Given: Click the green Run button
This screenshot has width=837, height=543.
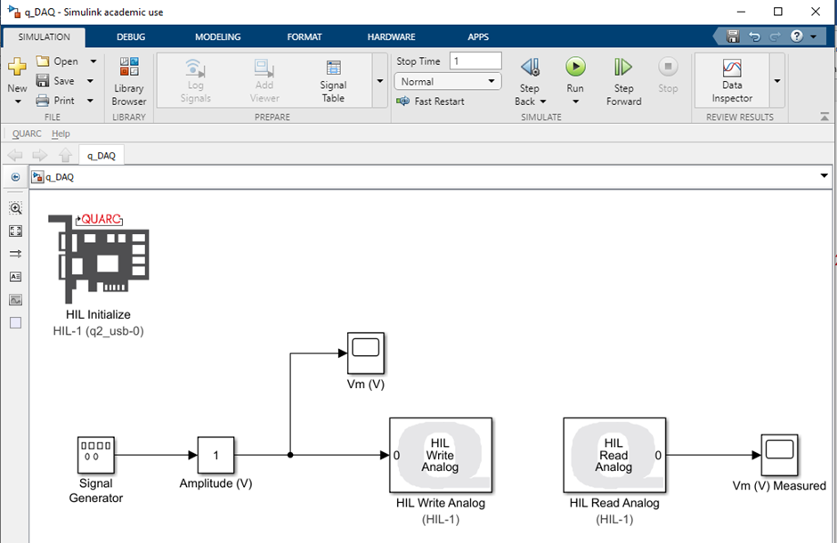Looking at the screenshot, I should coord(575,67).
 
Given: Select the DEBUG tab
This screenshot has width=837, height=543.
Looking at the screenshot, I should coord(131,37).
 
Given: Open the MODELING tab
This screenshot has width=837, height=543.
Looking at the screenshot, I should coord(218,37).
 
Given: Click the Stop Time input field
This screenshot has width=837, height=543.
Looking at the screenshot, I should coord(475,61).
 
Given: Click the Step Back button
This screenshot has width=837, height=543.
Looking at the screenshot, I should coord(529,68).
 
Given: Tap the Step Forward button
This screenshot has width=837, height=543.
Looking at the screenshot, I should coord(623,68).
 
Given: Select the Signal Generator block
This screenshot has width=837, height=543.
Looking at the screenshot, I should coord(95,455).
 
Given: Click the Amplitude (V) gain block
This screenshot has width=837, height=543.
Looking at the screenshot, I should coord(215,455).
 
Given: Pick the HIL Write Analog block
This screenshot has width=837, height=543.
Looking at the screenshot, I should coord(440,455).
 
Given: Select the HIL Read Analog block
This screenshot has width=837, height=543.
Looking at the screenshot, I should coord(614,455).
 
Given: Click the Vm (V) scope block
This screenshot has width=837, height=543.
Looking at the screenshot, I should coord(365,353).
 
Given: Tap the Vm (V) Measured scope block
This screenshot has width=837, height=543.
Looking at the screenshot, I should coord(778,455).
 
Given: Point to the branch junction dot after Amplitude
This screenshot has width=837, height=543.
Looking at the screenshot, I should coord(290,455).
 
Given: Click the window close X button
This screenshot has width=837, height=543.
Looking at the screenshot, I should coord(815,12).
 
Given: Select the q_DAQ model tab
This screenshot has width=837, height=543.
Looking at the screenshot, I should coord(102,156).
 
